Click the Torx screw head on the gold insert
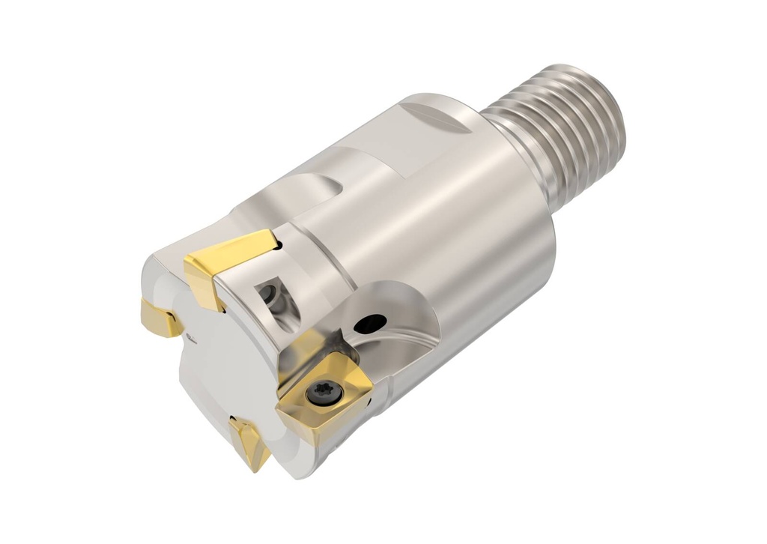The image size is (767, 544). (x=316, y=394)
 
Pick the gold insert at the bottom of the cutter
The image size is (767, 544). (x=249, y=440)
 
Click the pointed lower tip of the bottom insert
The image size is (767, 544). (x=258, y=469)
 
